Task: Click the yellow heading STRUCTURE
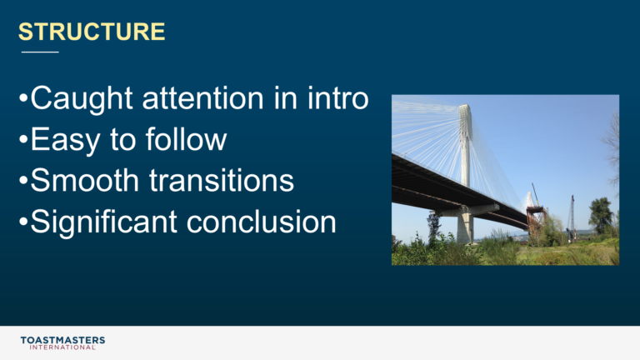[92, 32]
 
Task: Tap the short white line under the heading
[40, 52]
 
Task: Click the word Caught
[82, 99]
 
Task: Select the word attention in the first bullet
[202, 98]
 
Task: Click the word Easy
[65, 140]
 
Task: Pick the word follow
[186, 139]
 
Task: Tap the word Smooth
[85, 180]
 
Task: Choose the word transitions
[222, 180]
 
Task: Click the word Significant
[103, 222]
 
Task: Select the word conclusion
[262, 222]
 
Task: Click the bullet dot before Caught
[23, 98]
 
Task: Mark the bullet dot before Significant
[23, 222]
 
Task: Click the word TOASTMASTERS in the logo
[62, 340]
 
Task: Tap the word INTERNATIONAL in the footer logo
[62, 347]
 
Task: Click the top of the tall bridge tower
[464, 106]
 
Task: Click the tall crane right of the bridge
[572, 217]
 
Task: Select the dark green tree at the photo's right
[600, 215]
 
